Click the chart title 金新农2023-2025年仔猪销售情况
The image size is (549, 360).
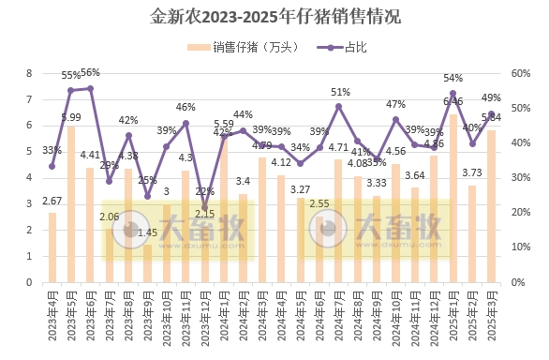(274, 17)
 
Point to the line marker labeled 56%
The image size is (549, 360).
(90, 88)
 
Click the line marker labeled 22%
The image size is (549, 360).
(204, 206)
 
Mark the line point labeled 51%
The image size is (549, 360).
(339, 106)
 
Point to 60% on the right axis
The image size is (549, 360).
(520, 73)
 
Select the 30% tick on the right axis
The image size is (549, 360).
(520, 178)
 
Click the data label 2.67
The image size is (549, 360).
(52, 202)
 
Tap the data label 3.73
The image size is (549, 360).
(473, 173)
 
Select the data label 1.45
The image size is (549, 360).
(147, 232)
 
